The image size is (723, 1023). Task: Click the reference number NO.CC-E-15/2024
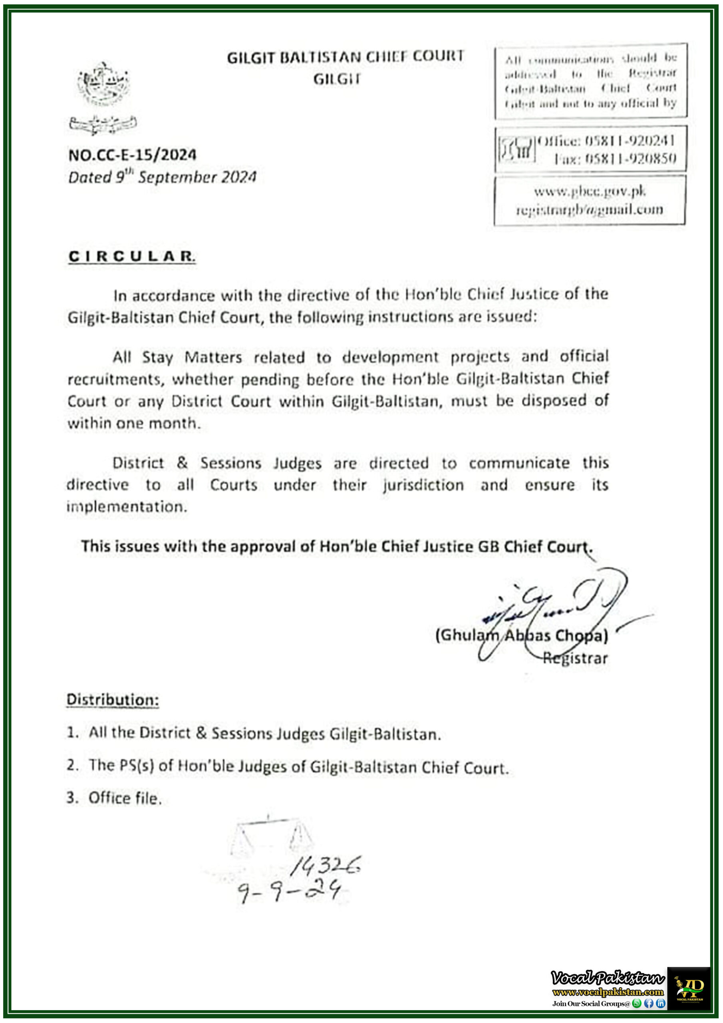pos(132,155)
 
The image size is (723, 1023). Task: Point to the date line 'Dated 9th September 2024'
pos(162,177)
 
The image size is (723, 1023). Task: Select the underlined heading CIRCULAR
pos(131,257)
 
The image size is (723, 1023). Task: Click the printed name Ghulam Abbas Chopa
pos(522,635)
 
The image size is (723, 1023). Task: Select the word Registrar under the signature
pos(575,658)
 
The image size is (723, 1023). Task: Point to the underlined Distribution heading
pos(113,700)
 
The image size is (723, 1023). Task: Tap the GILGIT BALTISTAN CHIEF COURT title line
pos(346,57)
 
